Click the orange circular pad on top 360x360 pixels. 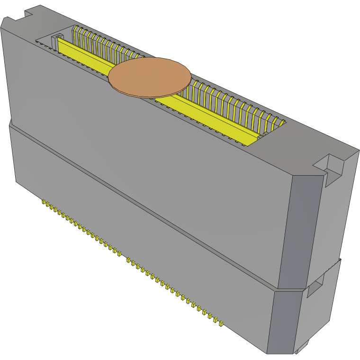(x=150, y=77)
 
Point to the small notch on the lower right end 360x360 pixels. (x=315, y=287)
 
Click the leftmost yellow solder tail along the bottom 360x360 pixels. (x=45, y=203)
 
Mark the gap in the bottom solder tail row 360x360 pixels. (x=123, y=256)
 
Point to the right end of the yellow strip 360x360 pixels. (x=253, y=140)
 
